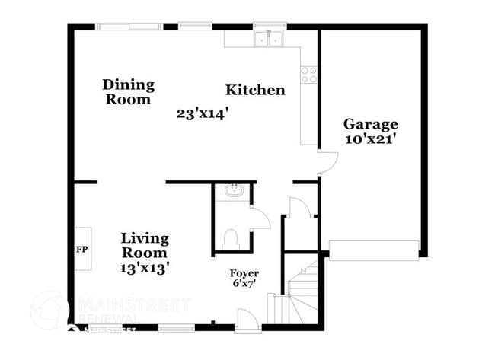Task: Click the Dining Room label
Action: (x=128, y=91)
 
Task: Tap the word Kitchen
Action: (x=255, y=90)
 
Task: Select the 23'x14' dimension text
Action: (x=203, y=113)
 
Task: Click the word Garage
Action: (x=370, y=124)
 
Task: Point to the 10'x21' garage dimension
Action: (x=370, y=139)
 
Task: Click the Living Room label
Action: (x=145, y=245)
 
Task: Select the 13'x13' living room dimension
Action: (x=145, y=267)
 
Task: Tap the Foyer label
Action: (x=244, y=272)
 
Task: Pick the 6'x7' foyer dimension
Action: (x=244, y=284)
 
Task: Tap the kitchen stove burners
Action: (x=309, y=75)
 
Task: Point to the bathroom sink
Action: (x=234, y=192)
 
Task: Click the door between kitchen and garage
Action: (x=326, y=161)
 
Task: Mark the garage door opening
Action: (x=374, y=249)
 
